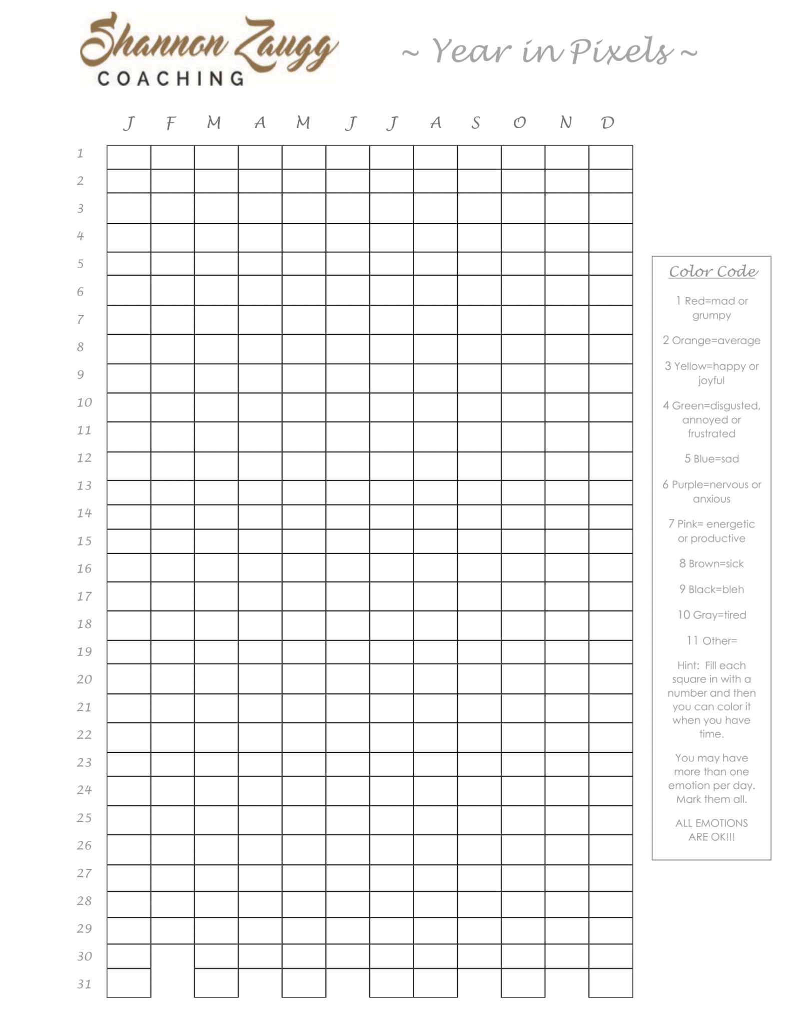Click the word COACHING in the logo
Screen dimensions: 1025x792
pyautogui.click(x=171, y=79)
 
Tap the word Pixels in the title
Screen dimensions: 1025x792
pyautogui.click(x=622, y=51)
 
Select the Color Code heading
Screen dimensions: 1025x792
pyautogui.click(x=713, y=271)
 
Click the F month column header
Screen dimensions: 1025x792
pyautogui.click(x=171, y=123)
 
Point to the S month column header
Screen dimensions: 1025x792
pyautogui.click(x=475, y=123)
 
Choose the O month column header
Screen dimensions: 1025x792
pyautogui.click(x=519, y=123)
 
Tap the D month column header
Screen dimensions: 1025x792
pyautogui.click(x=607, y=123)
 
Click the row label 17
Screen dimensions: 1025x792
pyautogui.click(x=85, y=596)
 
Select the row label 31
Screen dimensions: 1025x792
pyautogui.click(x=85, y=984)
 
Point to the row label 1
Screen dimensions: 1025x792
pyautogui.click(x=80, y=153)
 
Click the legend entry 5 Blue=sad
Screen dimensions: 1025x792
pyautogui.click(x=711, y=459)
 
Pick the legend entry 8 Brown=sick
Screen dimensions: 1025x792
pyautogui.click(x=711, y=564)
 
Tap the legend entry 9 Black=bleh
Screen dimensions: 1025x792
pyautogui.click(x=711, y=589)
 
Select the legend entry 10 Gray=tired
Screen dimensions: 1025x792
pyautogui.click(x=711, y=615)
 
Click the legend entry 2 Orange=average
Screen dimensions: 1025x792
pyautogui.click(x=711, y=340)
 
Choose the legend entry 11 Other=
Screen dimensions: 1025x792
pyautogui.click(x=711, y=641)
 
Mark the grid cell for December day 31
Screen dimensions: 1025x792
pyautogui.click(x=610, y=982)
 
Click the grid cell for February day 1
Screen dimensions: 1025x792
pyautogui.click(x=173, y=157)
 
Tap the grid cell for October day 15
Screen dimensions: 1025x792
pyautogui.click(x=523, y=541)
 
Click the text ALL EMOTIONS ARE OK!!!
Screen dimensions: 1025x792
pyautogui.click(x=711, y=830)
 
